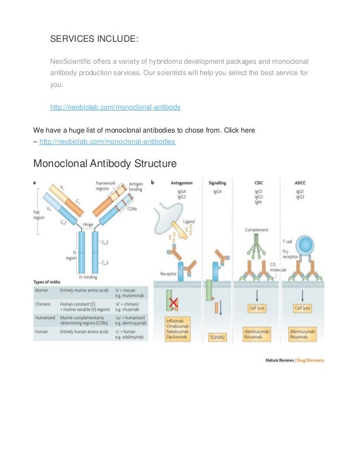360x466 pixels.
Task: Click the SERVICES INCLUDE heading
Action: (x=94, y=39)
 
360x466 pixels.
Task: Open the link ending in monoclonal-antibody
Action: (x=115, y=107)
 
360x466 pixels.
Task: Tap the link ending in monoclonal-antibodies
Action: (x=107, y=141)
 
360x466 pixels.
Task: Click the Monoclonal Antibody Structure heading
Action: (x=105, y=164)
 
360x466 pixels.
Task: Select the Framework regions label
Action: (x=106, y=186)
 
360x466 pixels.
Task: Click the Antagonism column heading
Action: (x=183, y=183)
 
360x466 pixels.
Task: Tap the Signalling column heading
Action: (x=218, y=183)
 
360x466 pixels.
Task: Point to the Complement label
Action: (x=257, y=230)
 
